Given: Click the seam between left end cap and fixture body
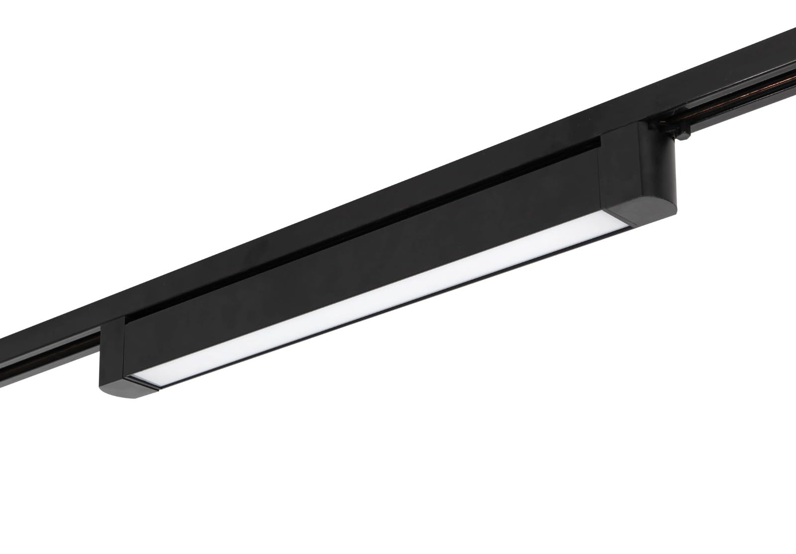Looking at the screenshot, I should (x=124, y=348).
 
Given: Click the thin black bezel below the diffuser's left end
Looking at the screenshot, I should (x=149, y=384).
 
